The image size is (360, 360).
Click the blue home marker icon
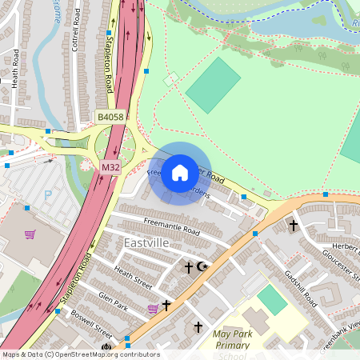click(180, 173)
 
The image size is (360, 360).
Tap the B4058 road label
click(110, 117)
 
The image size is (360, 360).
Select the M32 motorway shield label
click(110, 167)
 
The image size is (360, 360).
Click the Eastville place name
click(148, 242)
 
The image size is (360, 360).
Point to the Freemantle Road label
click(171, 225)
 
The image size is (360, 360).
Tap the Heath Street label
click(133, 277)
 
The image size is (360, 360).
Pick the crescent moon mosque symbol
click(201, 266)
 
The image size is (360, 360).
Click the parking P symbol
click(47, 194)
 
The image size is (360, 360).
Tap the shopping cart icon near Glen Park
click(153, 309)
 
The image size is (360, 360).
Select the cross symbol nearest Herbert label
click(293, 226)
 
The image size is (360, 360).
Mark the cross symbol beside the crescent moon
click(189, 266)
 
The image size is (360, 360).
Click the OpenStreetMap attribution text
click(80, 354)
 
